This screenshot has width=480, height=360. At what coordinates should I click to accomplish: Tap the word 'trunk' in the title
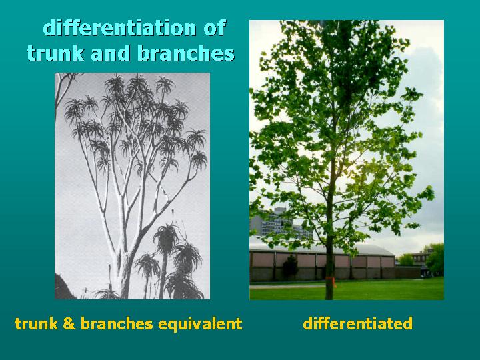tap(53, 53)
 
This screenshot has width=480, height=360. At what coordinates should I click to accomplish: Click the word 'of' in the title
tap(214, 28)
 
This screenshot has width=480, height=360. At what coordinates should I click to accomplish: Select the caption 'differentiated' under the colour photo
tap(357, 325)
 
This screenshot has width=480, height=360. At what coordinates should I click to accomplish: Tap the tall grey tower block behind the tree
tap(280, 223)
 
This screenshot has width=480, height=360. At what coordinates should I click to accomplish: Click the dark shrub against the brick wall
tap(290, 267)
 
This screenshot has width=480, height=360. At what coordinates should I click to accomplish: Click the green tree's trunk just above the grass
tap(329, 288)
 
